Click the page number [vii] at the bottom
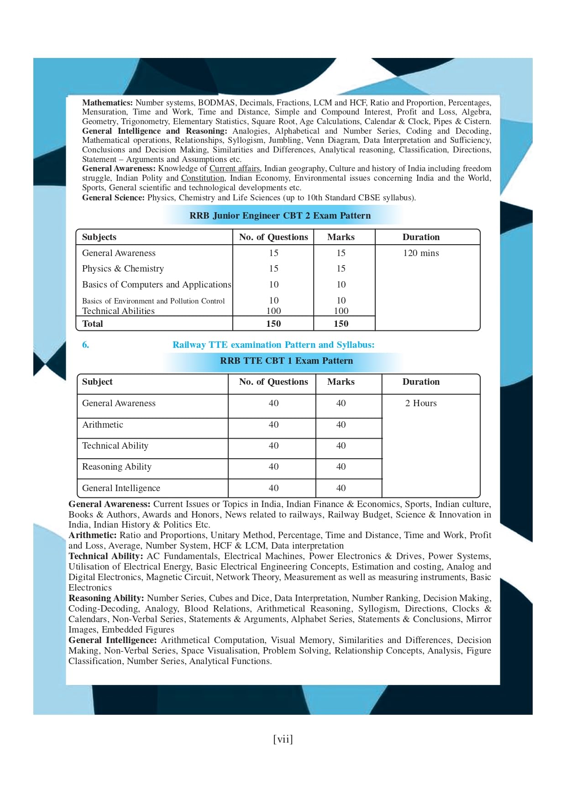pos(283,739)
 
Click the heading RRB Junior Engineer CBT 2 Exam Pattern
pos(280,215)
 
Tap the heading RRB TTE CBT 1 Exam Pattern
pos(286,361)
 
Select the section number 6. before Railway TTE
pos(85,345)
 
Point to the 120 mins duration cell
pos(421,253)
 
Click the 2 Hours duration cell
pos(421,403)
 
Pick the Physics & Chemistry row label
pos(123,268)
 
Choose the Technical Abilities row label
pos(118,311)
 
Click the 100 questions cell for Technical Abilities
pos(273,311)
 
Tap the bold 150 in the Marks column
pos(341,324)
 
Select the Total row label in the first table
pos(93,324)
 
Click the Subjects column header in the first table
pos(99,237)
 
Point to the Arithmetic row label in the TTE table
pos(103,424)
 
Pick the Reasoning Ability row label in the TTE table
pos(117,466)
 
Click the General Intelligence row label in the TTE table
pos(121,488)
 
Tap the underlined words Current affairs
pos(235,168)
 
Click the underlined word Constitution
pos(203,178)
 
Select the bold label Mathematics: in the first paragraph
pos(107,103)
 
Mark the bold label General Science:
pos(113,198)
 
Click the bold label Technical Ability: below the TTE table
pos(106,556)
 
